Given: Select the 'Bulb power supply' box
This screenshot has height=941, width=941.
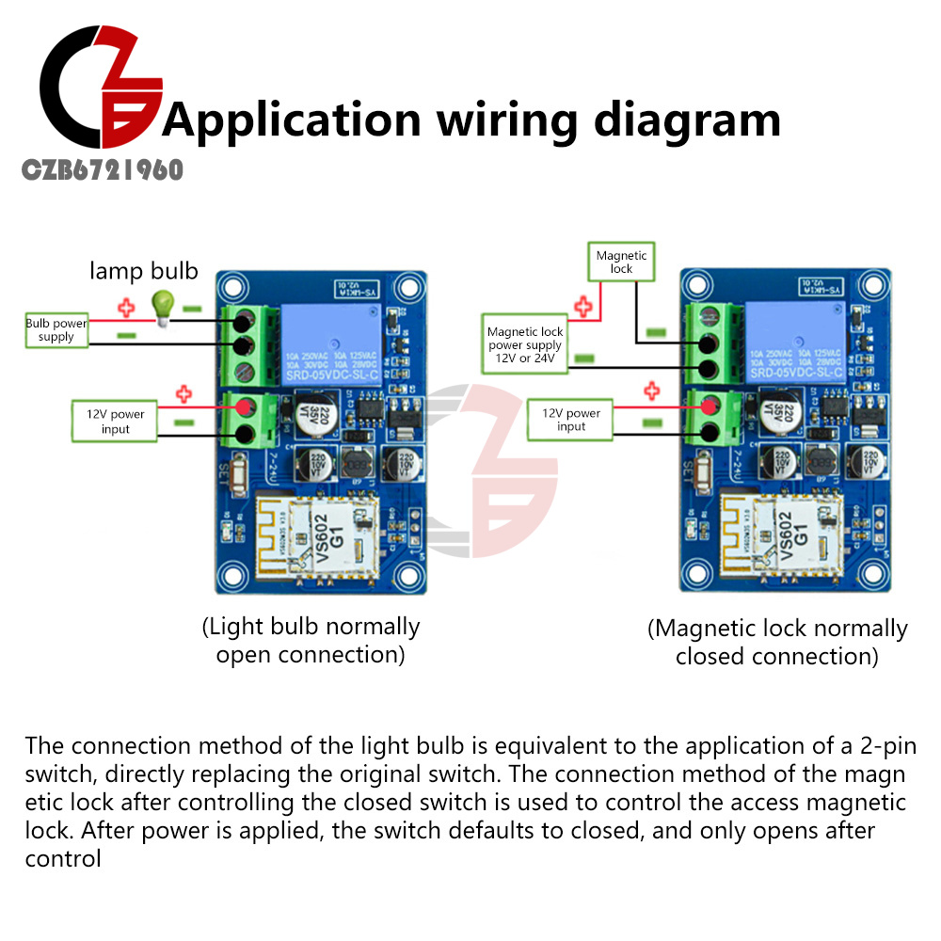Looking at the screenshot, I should pyautogui.click(x=56, y=329).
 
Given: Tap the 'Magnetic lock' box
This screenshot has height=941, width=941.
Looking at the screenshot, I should pyautogui.click(x=621, y=262).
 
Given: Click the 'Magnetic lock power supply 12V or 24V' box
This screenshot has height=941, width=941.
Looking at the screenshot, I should pyautogui.click(x=525, y=344).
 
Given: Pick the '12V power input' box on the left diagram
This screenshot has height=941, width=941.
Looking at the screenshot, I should pyautogui.click(x=115, y=421).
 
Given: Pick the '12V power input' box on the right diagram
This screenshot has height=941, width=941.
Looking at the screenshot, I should pyautogui.click(x=571, y=420).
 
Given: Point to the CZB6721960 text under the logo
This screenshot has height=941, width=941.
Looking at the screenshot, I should pyautogui.click(x=103, y=170).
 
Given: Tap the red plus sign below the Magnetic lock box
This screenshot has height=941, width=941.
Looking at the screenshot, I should pyautogui.click(x=583, y=305).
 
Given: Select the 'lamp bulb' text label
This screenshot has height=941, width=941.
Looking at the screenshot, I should pyautogui.click(x=144, y=272).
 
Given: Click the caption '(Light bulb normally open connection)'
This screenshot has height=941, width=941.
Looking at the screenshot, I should pyautogui.click(x=311, y=640).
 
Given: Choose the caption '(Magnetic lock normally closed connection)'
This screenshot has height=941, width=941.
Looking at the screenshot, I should pyautogui.click(x=777, y=642).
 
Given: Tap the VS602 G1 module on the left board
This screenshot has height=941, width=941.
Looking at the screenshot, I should pyautogui.click(x=318, y=537).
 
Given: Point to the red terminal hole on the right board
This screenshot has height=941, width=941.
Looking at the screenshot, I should pyautogui.click(x=709, y=407).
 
